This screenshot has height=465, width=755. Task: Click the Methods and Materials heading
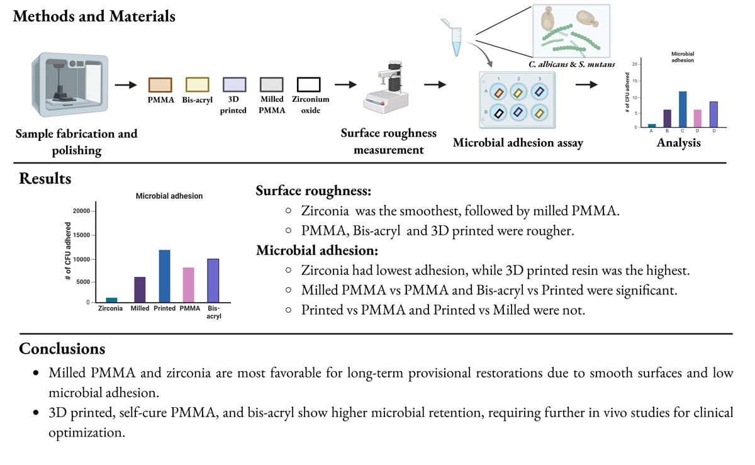pyautogui.click(x=94, y=16)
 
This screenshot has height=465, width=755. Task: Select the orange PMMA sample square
pyautogui.click(x=160, y=84)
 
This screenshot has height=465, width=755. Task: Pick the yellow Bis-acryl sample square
pyautogui.click(x=197, y=84)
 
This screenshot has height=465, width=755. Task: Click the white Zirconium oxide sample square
pyautogui.click(x=309, y=84)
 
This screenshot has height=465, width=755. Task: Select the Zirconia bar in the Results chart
pyautogui.click(x=111, y=300)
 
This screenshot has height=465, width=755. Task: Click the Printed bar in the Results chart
pyautogui.click(x=164, y=276)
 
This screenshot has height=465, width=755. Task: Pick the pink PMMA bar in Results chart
pyautogui.click(x=189, y=285)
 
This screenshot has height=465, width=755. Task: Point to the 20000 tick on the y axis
pyautogui.click(x=82, y=211)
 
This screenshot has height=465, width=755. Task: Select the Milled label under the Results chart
pyautogui.click(x=140, y=309)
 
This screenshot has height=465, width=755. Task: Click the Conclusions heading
pyautogui.click(x=62, y=349)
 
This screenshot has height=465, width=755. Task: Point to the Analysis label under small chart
pyautogui.click(x=678, y=143)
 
